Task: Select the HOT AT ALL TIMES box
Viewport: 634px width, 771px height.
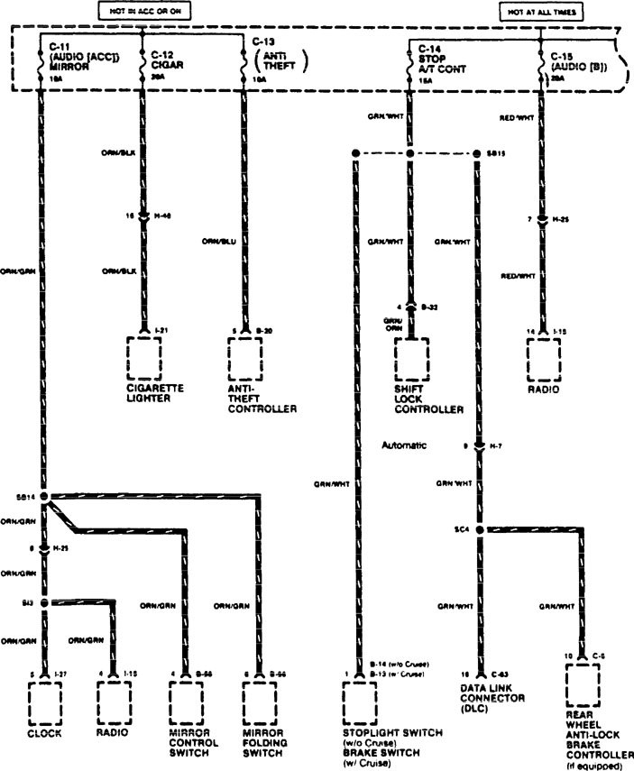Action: pos(540,13)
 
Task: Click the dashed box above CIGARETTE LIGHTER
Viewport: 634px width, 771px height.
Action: pos(144,359)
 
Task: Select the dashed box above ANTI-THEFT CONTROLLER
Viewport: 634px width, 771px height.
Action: pos(245,359)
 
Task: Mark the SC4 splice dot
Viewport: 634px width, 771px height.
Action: pos(479,529)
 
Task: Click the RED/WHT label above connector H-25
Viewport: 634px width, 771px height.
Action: pos(519,116)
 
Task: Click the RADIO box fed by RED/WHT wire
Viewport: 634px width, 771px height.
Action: pos(545,359)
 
